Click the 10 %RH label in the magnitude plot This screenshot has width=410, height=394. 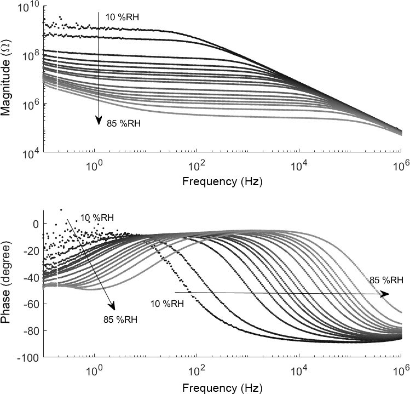pos(122,18)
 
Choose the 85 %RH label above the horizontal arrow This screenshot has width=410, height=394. pos(386,281)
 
